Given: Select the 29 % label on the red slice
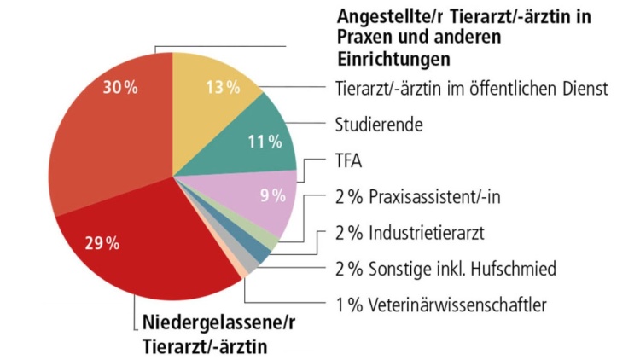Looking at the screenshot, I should pos(102,243).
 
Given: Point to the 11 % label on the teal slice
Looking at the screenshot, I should pos(265,142).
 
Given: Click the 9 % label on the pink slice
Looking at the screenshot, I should pos(272,195).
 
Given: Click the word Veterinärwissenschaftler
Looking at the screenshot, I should pos(457,305).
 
